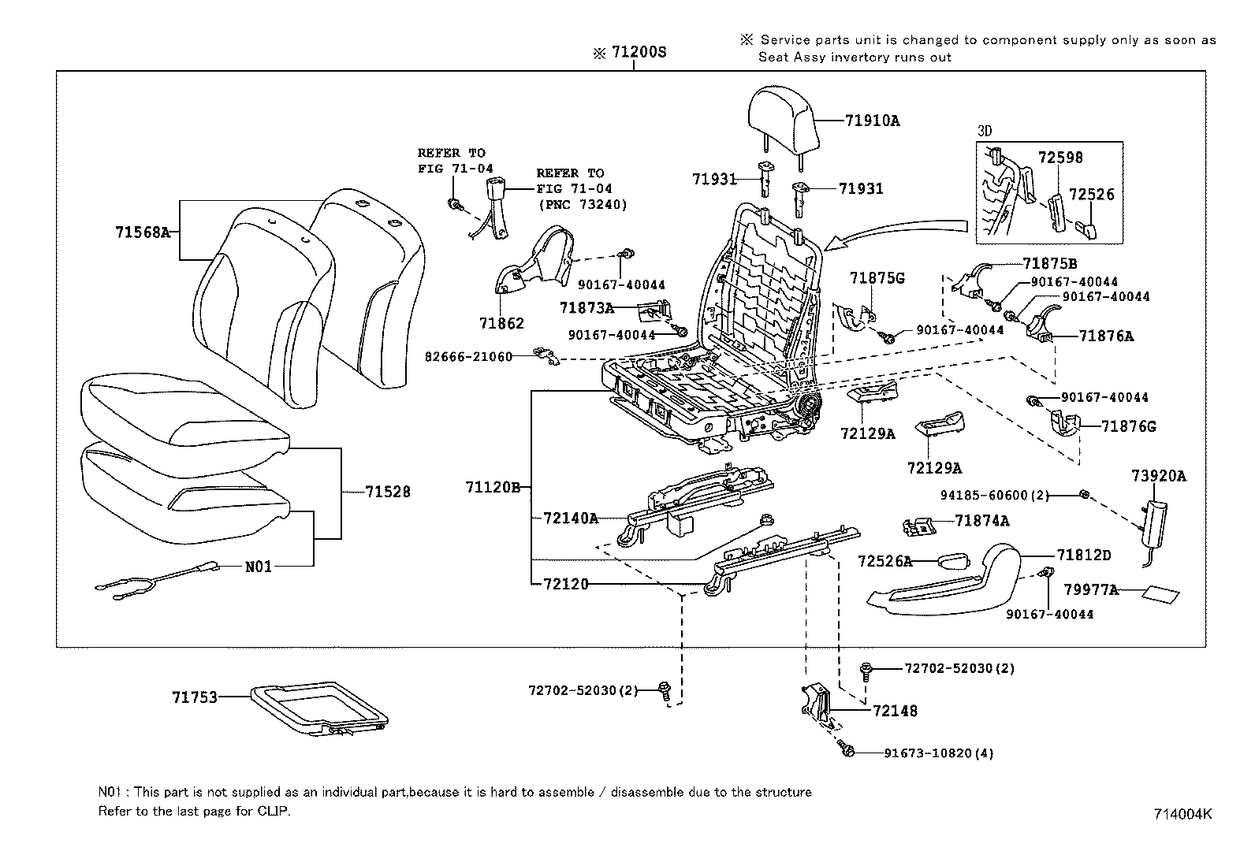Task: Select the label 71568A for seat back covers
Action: pyautogui.click(x=143, y=232)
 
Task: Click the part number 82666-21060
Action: pyautogui.click(x=468, y=357)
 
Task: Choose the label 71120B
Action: pyautogui.click(x=493, y=488)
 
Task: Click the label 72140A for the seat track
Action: pyautogui.click(x=571, y=518)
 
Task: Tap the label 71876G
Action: pyautogui.click(x=1128, y=426)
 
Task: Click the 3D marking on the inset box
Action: pyautogui.click(x=985, y=131)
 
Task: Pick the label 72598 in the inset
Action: pyautogui.click(x=1060, y=158)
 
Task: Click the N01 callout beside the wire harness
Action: pyautogui.click(x=259, y=566)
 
